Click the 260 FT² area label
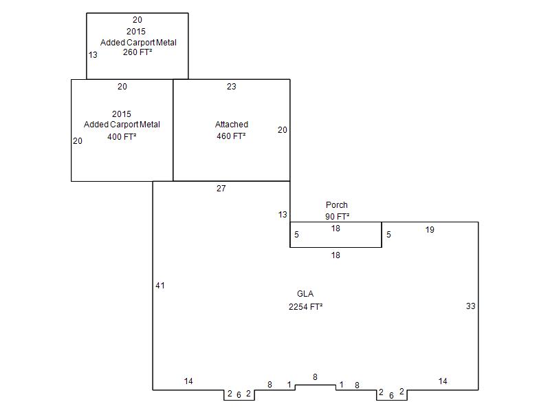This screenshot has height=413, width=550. tap(137, 52)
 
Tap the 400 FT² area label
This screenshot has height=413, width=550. tap(122, 136)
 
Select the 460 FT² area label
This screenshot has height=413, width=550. tap(231, 136)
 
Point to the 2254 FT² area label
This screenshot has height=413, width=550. tap(305, 306)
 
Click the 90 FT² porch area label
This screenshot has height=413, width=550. tap(337, 216)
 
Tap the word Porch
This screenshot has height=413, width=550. tap(337, 204)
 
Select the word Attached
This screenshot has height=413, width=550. tap(232, 125)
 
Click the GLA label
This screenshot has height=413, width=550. tap(305, 294)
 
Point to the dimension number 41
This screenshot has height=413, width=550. tap(160, 286)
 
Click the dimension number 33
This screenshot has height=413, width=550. tap(471, 306)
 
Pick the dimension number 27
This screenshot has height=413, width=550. tap(221, 188)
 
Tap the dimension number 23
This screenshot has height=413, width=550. tap(232, 87)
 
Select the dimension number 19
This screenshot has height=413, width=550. tap(430, 230)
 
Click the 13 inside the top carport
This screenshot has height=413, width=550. tap(93, 55)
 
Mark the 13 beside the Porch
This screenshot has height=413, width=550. tap(283, 215)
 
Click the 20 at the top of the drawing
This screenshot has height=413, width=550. tap(137, 20)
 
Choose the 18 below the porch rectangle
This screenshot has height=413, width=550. tap(335, 255)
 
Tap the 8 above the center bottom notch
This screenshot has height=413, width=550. tap(315, 377)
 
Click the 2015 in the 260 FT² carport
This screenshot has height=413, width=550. tap(136, 31)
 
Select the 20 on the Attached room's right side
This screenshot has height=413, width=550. tap(283, 130)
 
